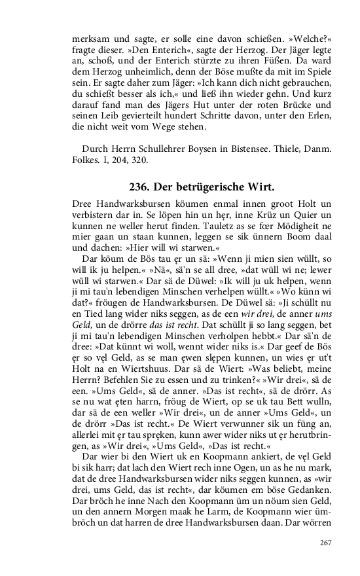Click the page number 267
click(326, 543)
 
